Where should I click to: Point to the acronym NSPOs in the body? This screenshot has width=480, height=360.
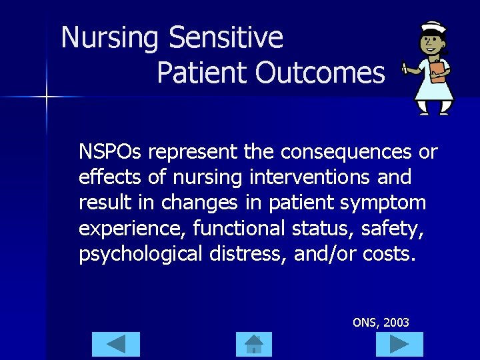pos(110,152)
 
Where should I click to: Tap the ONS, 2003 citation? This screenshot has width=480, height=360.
pos(381,323)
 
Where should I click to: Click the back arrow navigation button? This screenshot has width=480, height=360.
pos(116,344)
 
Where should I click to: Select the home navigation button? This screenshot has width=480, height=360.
pos(254,344)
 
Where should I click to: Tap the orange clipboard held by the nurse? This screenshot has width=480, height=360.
pos(437,71)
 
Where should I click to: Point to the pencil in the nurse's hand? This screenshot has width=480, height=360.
pos(405,67)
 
